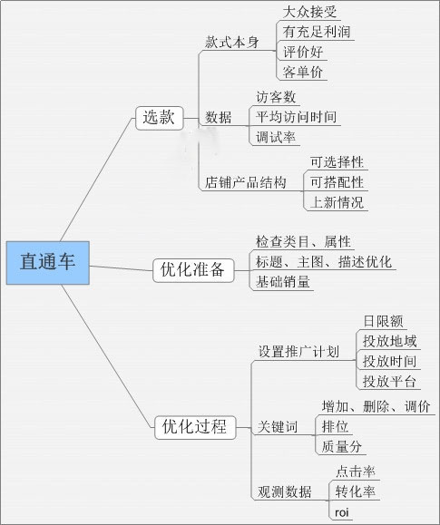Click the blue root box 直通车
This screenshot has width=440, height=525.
[48, 263]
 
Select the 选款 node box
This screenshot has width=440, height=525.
[160, 118]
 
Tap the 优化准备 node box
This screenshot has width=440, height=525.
[193, 270]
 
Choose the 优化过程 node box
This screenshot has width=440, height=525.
[195, 427]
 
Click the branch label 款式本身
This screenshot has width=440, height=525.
[232, 43]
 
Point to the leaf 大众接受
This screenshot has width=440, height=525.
[309, 12]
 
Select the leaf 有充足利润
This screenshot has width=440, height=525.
[317, 32]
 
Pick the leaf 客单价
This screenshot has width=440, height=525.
[303, 72]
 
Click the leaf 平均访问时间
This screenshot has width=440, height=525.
[297, 117]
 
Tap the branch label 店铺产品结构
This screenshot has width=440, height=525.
[246, 182]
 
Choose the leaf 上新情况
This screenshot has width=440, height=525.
[337, 202]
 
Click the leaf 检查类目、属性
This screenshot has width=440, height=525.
[303, 242]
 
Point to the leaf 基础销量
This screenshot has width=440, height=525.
[282, 282]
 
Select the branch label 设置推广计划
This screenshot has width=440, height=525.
[298, 352]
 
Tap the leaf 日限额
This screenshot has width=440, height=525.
[383, 321]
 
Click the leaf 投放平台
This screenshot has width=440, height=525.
[390, 382]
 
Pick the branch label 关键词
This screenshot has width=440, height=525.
[278, 427]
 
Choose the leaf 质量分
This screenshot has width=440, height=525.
[341, 447]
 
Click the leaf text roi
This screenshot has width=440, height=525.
[342, 512]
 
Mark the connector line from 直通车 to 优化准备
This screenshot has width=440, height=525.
[121, 267]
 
